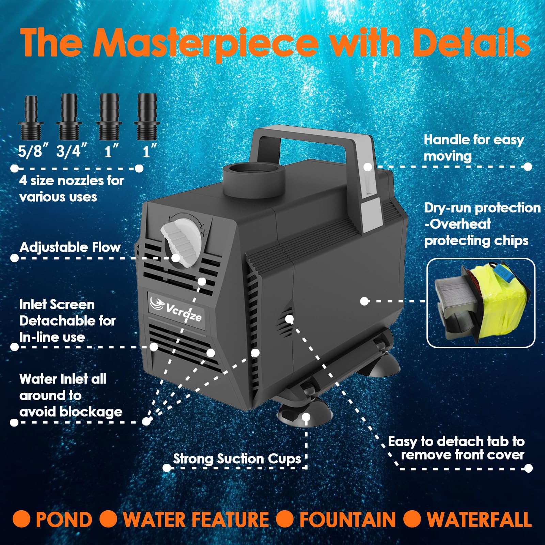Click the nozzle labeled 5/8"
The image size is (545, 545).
coord(31,118)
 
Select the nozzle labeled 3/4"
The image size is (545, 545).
coord(69,117)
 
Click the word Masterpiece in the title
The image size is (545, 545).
coord(206,43)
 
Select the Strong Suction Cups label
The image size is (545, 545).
coord(237,459)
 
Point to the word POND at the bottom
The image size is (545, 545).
coord(64,520)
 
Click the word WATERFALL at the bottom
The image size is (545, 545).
coord(479,520)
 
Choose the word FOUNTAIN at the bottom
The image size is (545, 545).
coord(347,520)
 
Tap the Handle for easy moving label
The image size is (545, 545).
coord(474,148)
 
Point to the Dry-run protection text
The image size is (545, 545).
coord(482,208)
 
